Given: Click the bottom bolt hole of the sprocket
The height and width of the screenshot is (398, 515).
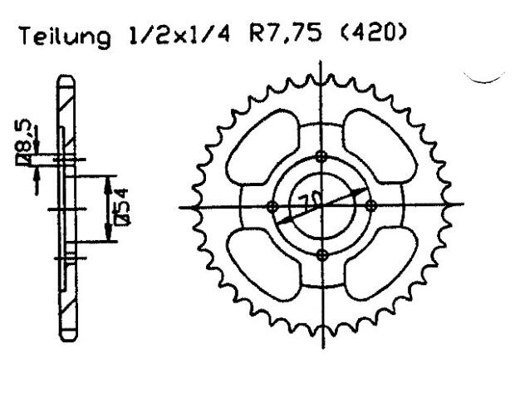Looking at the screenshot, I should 322,254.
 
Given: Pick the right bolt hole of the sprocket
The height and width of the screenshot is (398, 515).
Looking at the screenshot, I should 370,206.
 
